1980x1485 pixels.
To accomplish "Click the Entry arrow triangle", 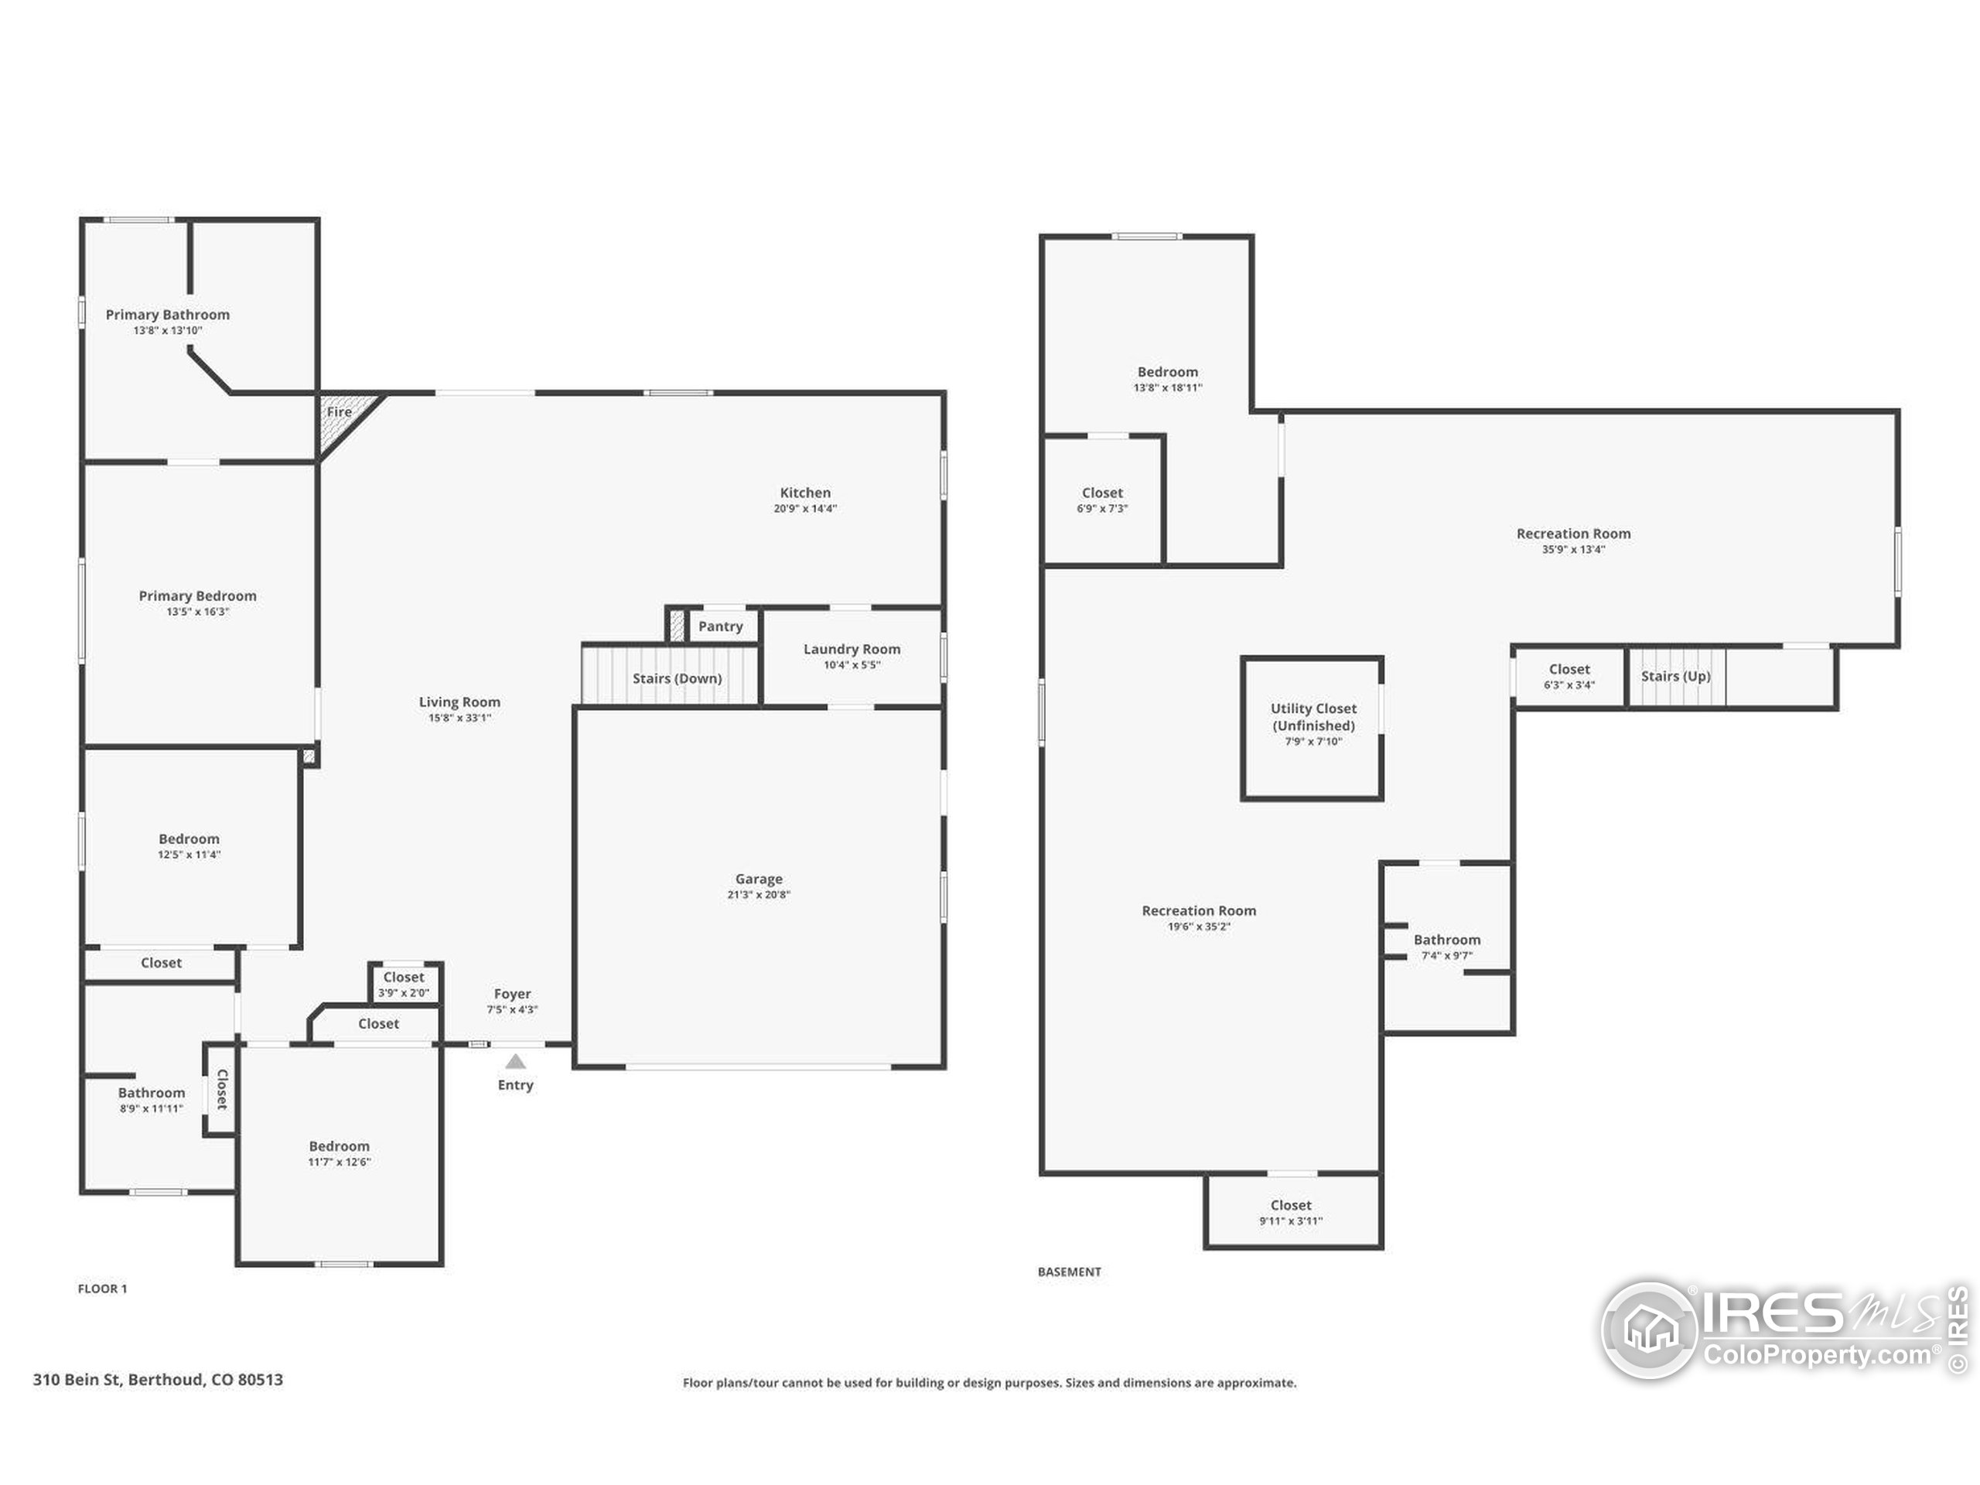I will pyautogui.click(x=516, y=1062).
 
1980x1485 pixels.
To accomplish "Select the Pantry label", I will pyautogui.click(x=721, y=626).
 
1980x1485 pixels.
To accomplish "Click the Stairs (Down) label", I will pyautogui.click(x=677, y=678).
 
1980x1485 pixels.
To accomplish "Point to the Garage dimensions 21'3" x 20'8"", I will pyautogui.click(x=758, y=894).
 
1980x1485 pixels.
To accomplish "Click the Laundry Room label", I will pyautogui.click(x=852, y=649).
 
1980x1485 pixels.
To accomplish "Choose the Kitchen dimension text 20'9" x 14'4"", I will pyautogui.click(x=804, y=508).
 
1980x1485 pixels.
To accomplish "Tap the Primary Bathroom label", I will pyautogui.click(x=167, y=314).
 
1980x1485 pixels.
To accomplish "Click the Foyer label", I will pyautogui.click(x=512, y=994).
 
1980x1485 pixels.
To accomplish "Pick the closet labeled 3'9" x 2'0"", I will pyautogui.click(x=404, y=984).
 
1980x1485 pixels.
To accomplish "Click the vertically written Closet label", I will pyautogui.click(x=222, y=1089).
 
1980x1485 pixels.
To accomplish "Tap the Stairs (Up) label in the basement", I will pyautogui.click(x=1674, y=676).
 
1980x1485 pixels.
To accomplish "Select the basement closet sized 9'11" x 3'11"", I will pyautogui.click(x=1290, y=1212).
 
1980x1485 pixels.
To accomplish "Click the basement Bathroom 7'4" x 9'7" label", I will pyautogui.click(x=1446, y=940).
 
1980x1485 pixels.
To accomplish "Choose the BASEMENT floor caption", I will pyautogui.click(x=1069, y=1272).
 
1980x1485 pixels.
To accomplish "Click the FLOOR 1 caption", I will pyautogui.click(x=102, y=1289).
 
